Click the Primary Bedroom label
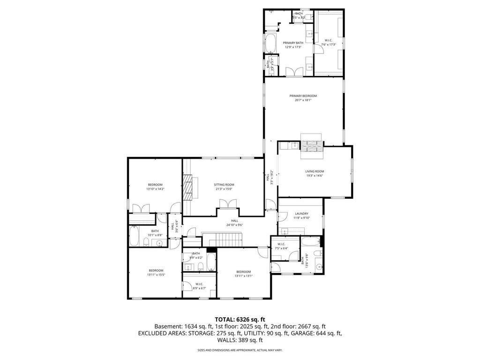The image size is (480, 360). point(303,96)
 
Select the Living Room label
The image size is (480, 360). point(315,172)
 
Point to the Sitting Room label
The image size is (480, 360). point(224,185)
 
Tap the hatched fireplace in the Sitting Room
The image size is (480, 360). point(187,188)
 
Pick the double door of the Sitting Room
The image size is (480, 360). point(227,204)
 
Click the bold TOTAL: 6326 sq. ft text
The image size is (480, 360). point(240,319)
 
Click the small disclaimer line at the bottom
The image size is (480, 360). point(240,350)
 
